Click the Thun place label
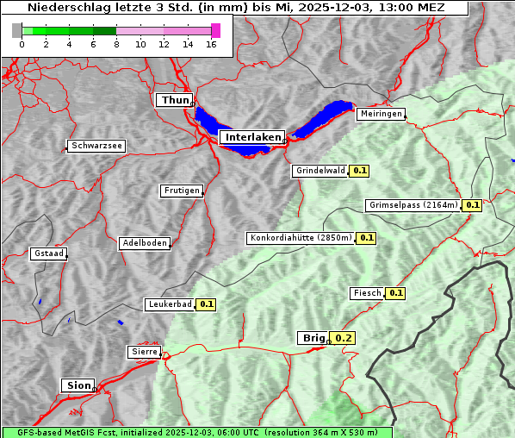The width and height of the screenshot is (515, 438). click(175, 100)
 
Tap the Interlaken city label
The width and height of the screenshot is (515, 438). click(251, 137)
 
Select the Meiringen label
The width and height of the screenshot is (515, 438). click(380, 114)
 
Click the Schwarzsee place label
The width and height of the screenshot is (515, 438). click(96, 146)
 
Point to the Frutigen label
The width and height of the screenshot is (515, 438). click(181, 191)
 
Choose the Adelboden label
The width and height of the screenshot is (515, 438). click(144, 243)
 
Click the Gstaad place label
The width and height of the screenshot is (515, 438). click(48, 253)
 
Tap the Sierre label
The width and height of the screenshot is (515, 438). click(144, 352)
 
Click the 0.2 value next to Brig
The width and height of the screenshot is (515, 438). click(344, 338)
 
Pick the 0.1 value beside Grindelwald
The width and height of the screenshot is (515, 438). click(359, 171)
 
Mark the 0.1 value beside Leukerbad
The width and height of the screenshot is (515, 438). click(207, 304)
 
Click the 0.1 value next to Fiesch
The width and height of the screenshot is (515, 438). click(395, 293)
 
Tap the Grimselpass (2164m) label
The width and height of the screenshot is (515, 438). click(413, 205)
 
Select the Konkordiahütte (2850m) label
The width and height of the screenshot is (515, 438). click(301, 237)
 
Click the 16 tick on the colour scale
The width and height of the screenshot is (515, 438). click(211, 44)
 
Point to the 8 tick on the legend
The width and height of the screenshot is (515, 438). click(116, 44)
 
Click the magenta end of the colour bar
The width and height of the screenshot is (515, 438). click(215, 30)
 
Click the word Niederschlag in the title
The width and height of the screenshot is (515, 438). click(68, 8)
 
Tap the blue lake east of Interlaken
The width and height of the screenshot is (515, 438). click(325, 118)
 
